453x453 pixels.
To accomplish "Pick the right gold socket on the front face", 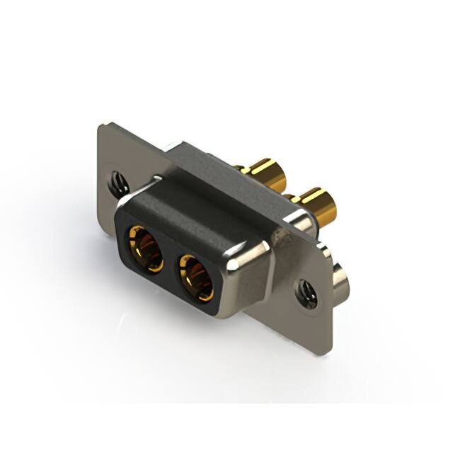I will pos(197,276).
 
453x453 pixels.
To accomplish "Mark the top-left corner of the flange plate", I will pos(101,127).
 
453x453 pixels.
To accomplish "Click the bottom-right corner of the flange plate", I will pos(328,352).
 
